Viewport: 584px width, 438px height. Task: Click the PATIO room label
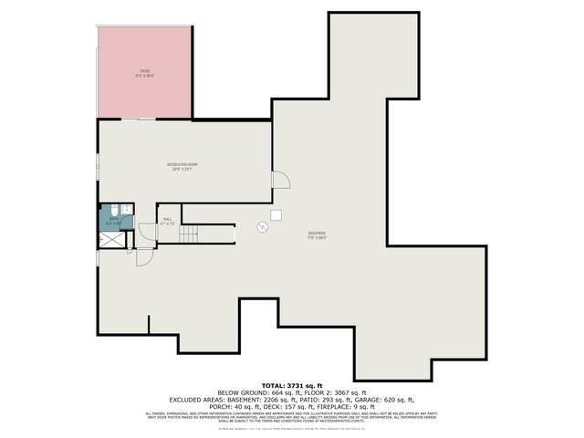click(x=144, y=70)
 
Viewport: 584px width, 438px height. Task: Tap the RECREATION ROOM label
click(x=182, y=165)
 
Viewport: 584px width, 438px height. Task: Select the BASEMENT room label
click(x=317, y=234)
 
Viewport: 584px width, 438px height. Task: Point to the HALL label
click(x=167, y=219)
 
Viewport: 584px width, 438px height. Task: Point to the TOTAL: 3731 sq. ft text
click(x=292, y=386)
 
